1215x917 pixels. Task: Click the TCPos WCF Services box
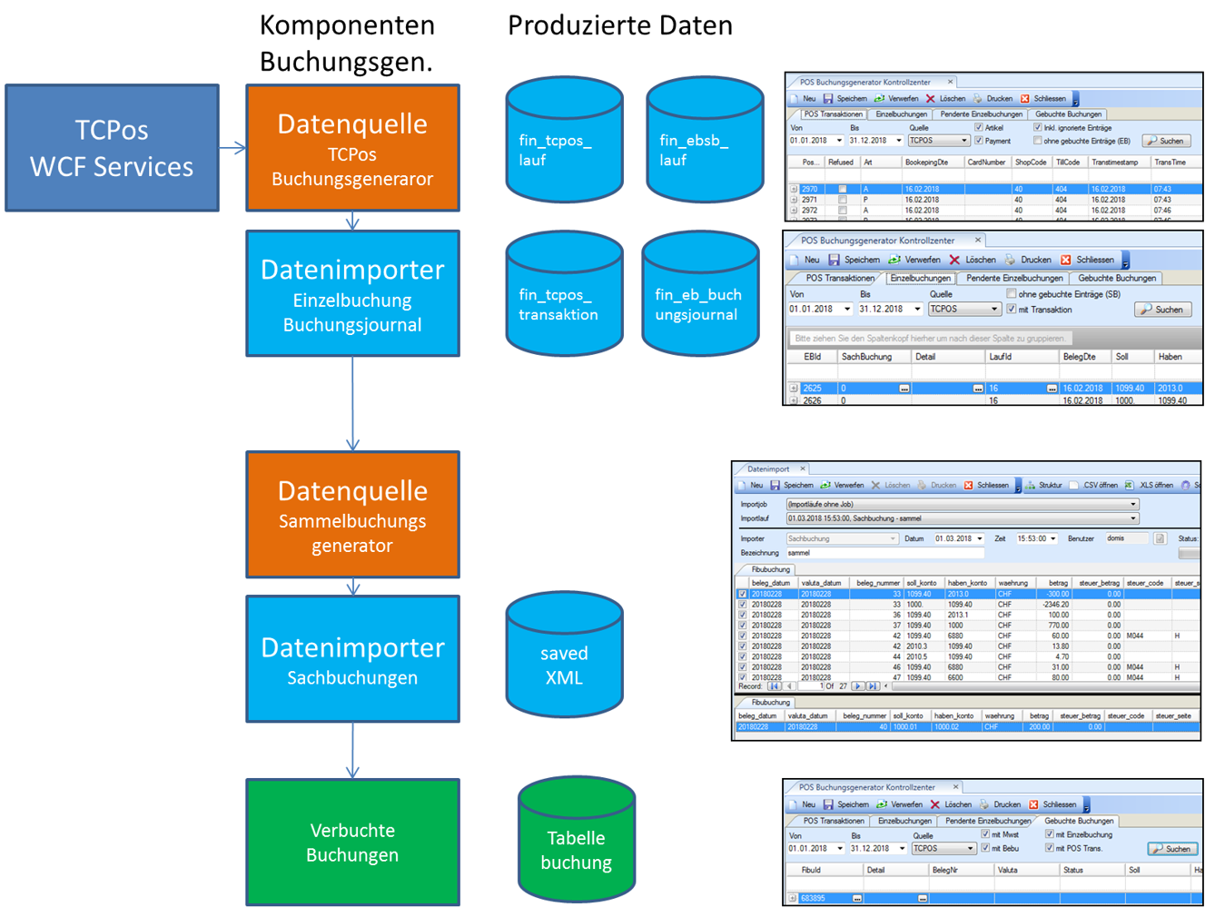tap(112, 148)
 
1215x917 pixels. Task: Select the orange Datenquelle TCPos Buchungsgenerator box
tap(352, 148)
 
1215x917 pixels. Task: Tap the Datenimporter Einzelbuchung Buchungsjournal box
tap(352, 293)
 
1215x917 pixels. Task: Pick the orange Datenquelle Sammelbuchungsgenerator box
tap(352, 515)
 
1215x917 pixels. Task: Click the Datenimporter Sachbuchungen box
tap(352, 659)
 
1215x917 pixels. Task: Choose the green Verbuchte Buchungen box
tap(352, 843)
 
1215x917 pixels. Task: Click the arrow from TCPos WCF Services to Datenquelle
tap(232, 148)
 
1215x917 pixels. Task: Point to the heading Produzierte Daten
tap(619, 25)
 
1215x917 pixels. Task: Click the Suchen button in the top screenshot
tap(1166, 141)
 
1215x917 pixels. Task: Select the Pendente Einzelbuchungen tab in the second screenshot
tap(1013, 278)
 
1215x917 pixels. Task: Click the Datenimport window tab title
tap(768, 469)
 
